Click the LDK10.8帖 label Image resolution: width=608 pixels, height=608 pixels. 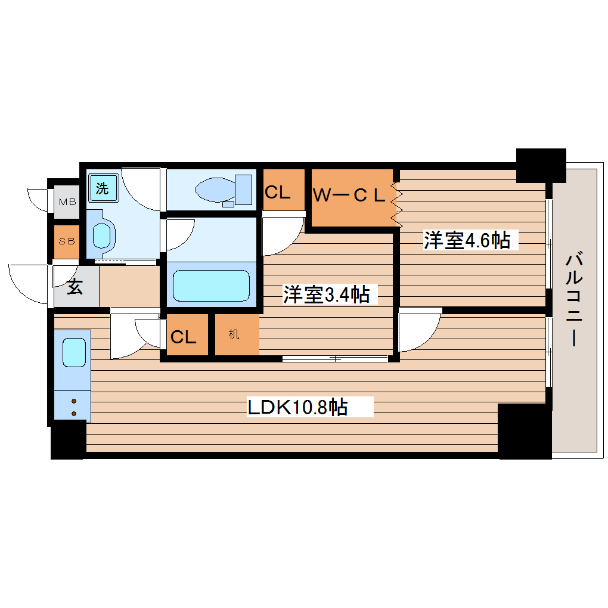[298, 408]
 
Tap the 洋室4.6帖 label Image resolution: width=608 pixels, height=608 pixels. [467, 240]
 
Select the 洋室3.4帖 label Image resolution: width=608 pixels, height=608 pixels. [325, 294]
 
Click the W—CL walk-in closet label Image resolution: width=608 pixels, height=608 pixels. [350, 196]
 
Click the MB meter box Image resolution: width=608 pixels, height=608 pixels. [67, 201]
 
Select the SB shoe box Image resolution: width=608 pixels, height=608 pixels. [67, 241]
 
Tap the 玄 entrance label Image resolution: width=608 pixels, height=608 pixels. [75, 287]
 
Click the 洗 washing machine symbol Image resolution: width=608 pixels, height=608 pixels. [103, 189]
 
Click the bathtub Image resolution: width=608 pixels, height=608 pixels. [211, 286]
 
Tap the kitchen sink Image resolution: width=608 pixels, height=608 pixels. [75, 352]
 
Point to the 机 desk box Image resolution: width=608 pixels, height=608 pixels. [234, 334]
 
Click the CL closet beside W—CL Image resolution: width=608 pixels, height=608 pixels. [277, 192]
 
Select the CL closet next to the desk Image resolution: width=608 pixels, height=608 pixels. [184, 337]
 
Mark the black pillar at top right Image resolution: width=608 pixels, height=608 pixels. [541, 164]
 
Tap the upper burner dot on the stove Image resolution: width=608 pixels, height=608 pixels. [74, 401]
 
